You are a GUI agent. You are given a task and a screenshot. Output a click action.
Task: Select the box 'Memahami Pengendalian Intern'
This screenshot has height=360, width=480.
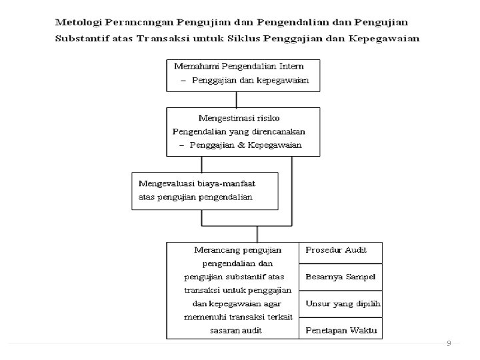pos(243,75)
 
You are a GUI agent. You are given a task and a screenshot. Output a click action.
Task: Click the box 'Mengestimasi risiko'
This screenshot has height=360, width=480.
pos(243,132)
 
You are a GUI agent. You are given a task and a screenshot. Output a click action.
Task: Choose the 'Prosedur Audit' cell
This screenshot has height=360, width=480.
pos(340,251)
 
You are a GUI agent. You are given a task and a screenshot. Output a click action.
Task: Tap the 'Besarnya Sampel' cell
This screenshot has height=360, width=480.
pos(340,277)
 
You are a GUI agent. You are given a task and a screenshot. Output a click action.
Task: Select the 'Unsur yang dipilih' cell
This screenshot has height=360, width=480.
pos(340,303)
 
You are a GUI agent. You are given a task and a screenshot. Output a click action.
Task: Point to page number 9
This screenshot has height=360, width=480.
pos(449,343)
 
